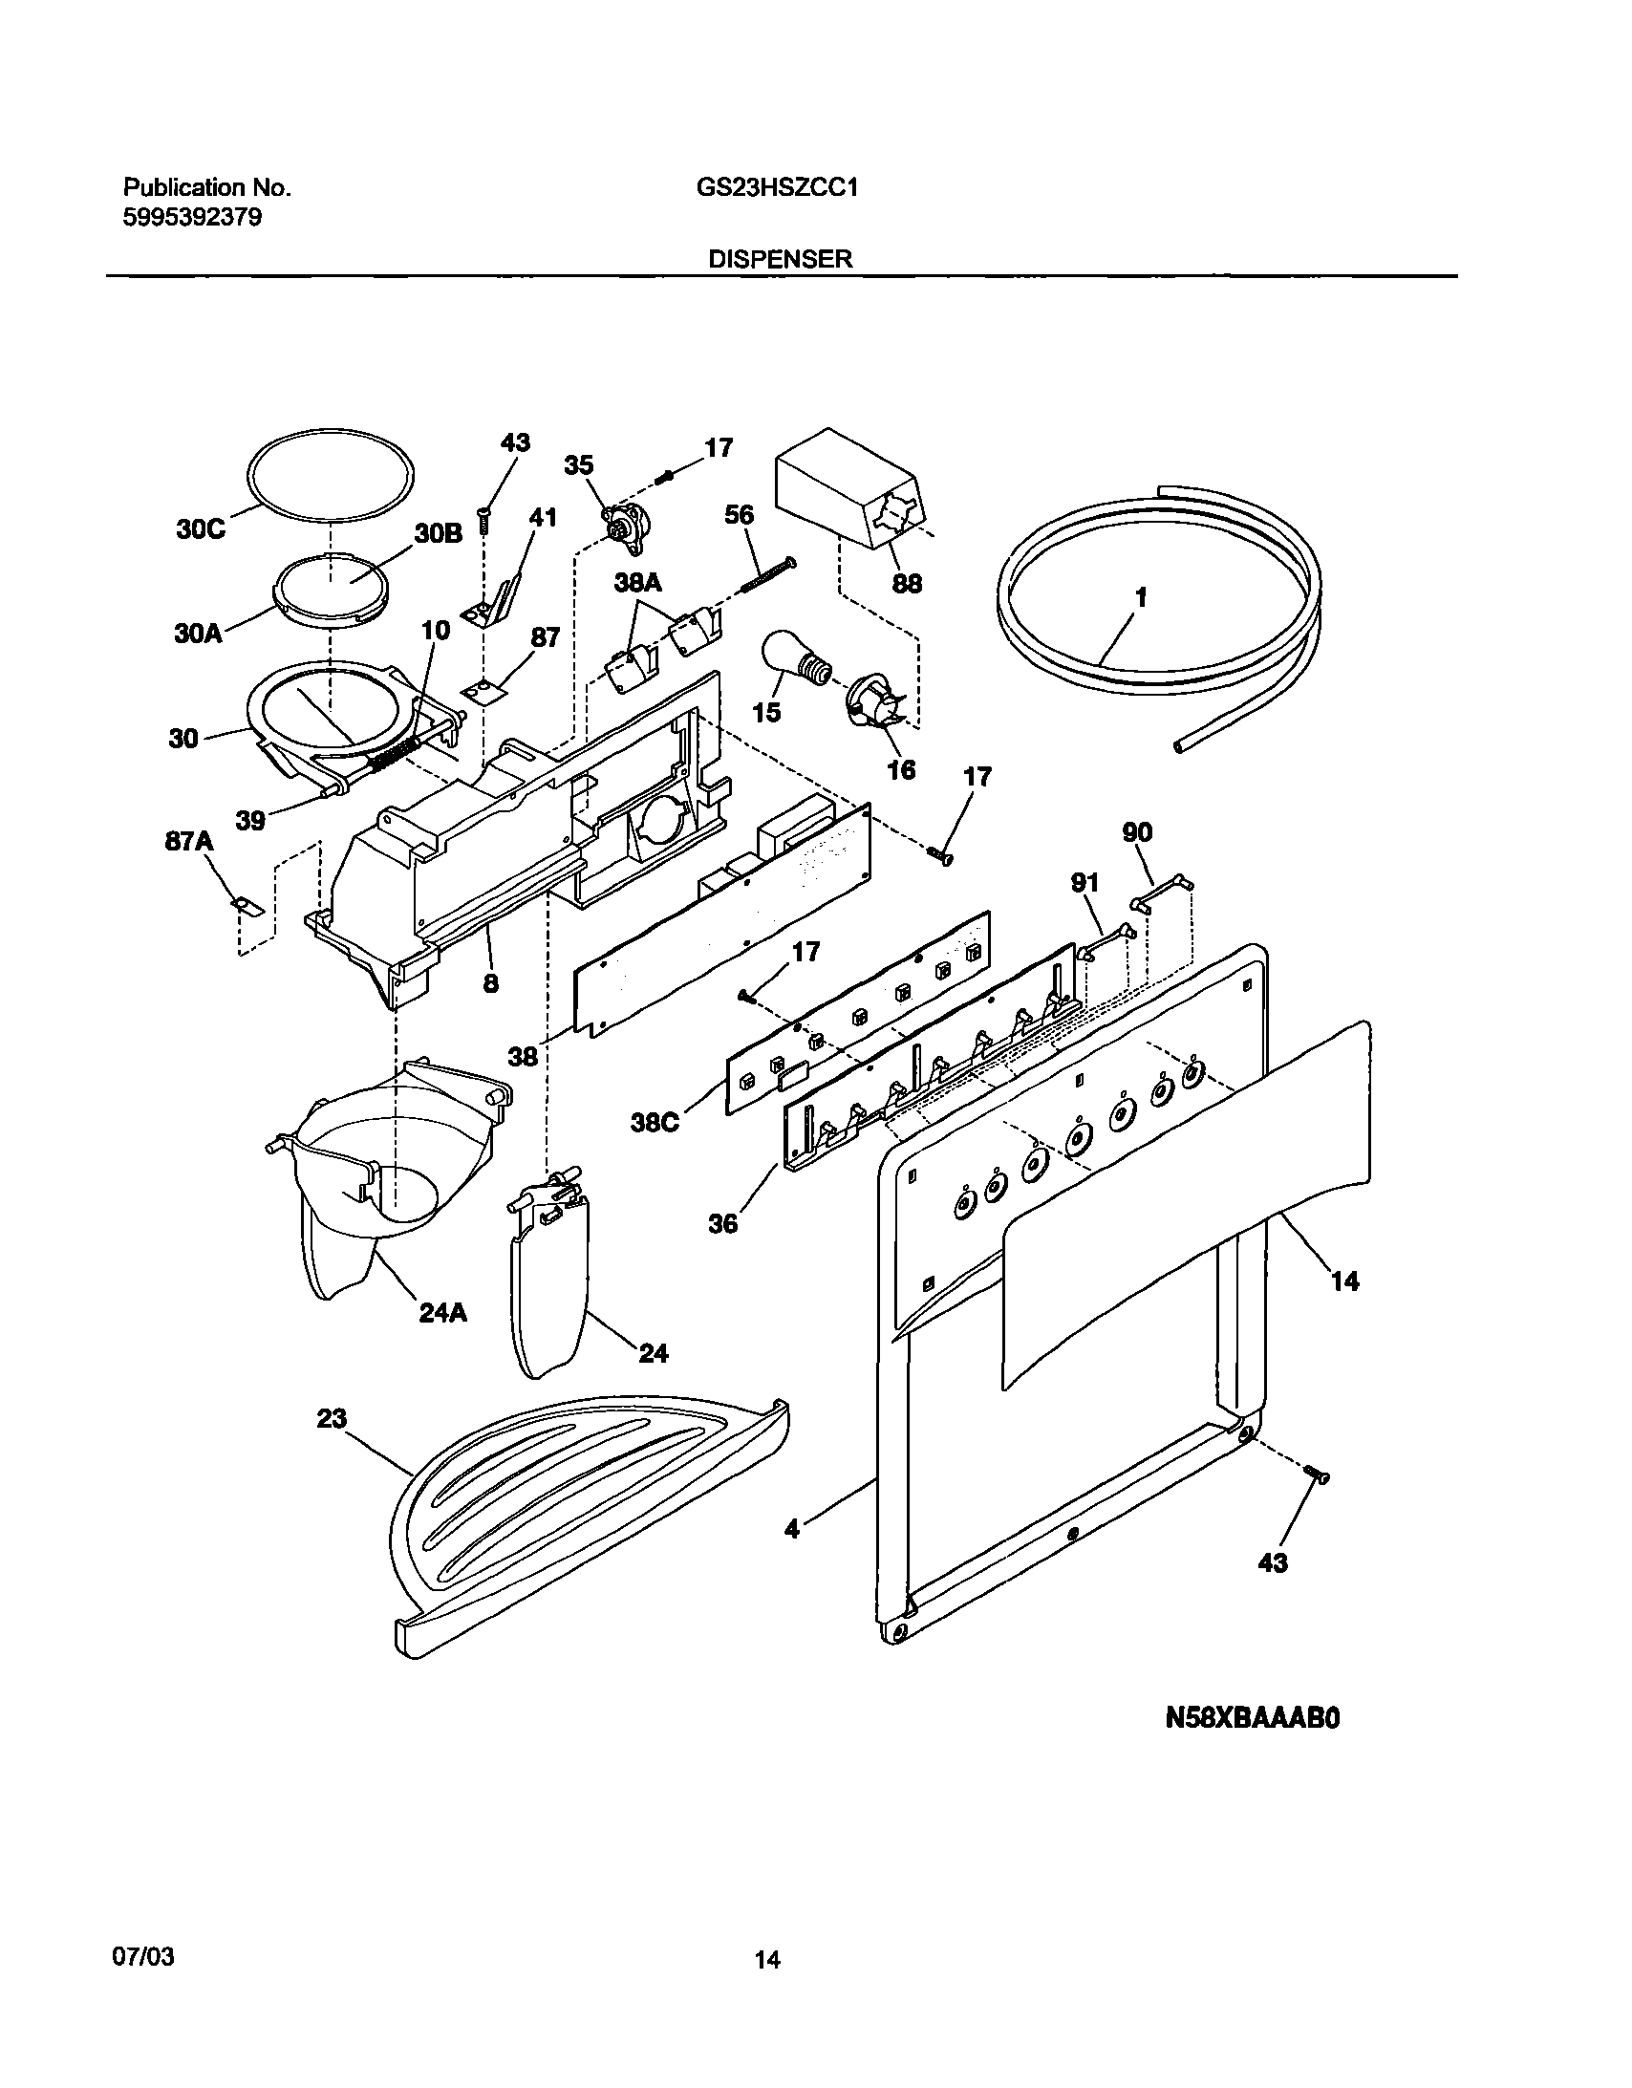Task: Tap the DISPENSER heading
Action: pyautogui.click(x=780, y=259)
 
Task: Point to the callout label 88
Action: pyautogui.click(x=907, y=582)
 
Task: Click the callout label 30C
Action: pyautogui.click(x=201, y=528)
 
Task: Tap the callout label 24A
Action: pyautogui.click(x=442, y=1313)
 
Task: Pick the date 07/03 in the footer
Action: pyautogui.click(x=143, y=1956)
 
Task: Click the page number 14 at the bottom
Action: pyautogui.click(x=766, y=1960)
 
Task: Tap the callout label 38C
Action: pyautogui.click(x=655, y=1123)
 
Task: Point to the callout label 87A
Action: pyautogui.click(x=189, y=841)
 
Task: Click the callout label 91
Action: pyautogui.click(x=1084, y=882)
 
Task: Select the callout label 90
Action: pyautogui.click(x=1137, y=832)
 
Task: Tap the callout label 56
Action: pyautogui.click(x=739, y=515)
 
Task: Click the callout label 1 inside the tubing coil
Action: pyautogui.click(x=1140, y=597)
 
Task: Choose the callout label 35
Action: pyautogui.click(x=578, y=465)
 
